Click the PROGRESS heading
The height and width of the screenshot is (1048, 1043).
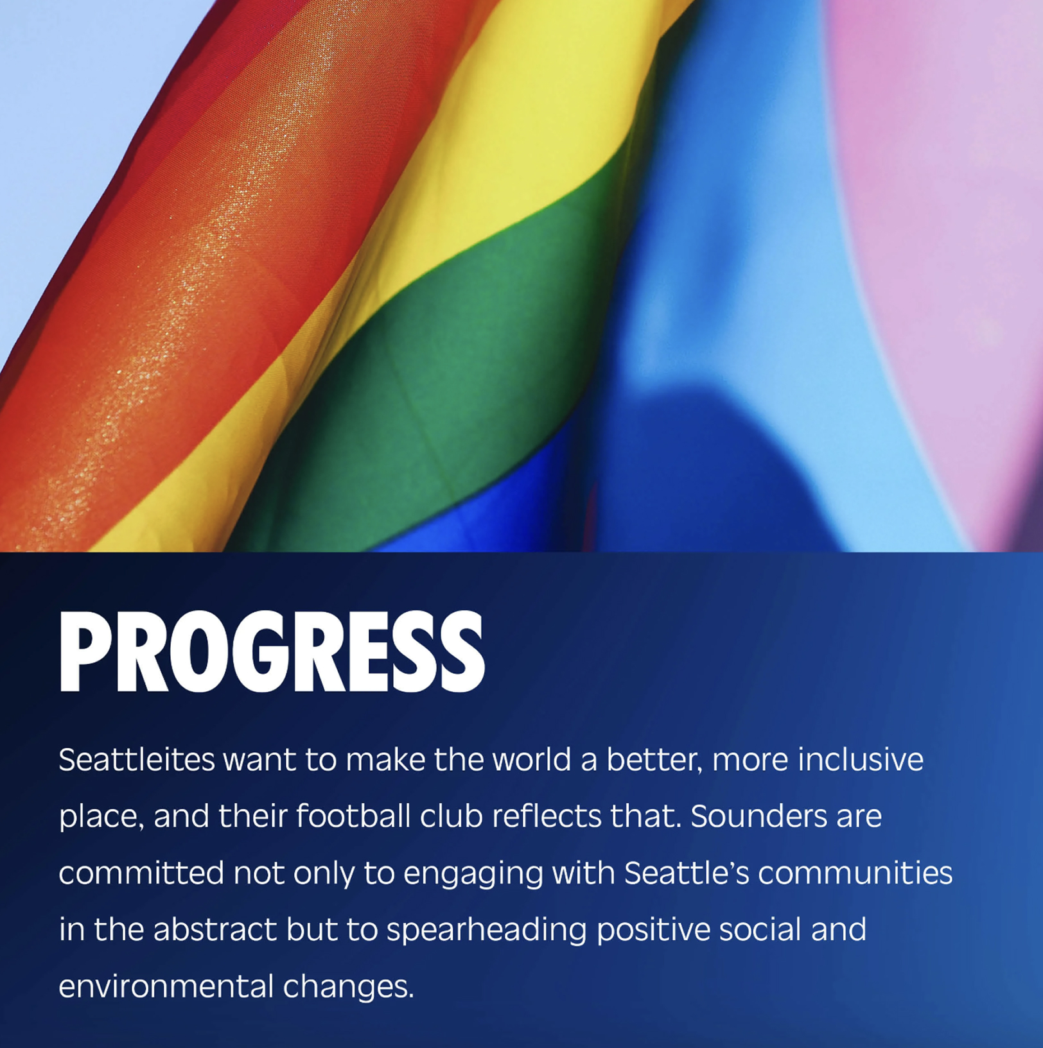pos(272,650)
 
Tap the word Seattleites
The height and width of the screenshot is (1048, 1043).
pos(137,760)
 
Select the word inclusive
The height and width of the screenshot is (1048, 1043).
pos(861,760)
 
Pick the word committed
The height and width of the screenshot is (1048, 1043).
pos(141,873)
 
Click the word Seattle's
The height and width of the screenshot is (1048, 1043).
pos(687,873)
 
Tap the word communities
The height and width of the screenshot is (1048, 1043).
pos(855,873)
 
